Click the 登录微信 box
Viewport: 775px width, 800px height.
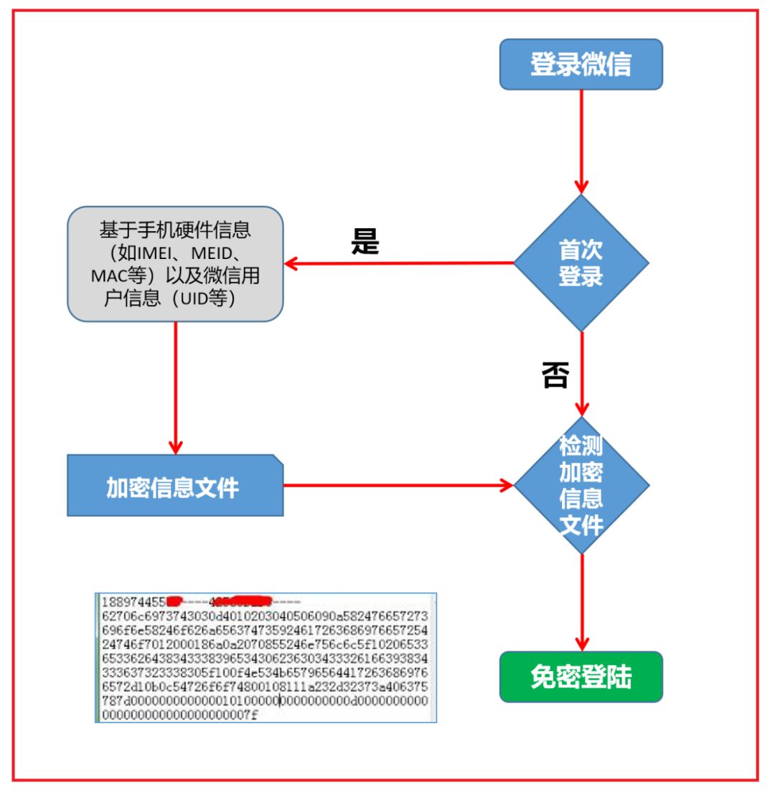[x=581, y=65]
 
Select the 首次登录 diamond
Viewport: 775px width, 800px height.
[x=581, y=263]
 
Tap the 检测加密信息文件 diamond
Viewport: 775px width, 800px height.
[x=581, y=485]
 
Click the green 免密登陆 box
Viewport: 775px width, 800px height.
[x=581, y=677]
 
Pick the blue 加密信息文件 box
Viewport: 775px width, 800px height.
[x=174, y=486]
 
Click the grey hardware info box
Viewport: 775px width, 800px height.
[x=174, y=264]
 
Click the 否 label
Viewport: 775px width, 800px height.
[x=554, y=375]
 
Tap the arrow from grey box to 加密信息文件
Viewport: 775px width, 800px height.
[x=175, y=387]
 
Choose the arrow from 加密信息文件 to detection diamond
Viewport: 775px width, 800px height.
[x=398, y=485]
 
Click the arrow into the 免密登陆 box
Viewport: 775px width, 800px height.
[x=581, y=603]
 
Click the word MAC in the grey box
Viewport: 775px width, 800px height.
[x=108, y=276]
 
